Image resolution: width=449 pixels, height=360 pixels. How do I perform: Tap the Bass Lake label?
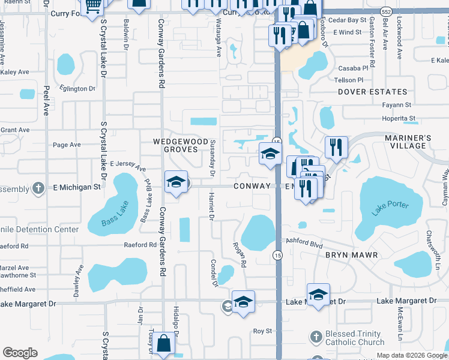coord(103,221)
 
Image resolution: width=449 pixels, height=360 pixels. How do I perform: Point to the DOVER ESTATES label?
coord(372,92)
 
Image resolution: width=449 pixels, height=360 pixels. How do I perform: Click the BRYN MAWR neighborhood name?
coord(351,255)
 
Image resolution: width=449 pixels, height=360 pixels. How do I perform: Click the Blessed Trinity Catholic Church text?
coord(354,338)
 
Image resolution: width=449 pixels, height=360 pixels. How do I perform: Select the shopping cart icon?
coord(92,7)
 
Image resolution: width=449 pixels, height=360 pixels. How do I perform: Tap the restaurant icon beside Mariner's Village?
coord(336,148)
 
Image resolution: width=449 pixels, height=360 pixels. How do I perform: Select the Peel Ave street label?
coord(46,101)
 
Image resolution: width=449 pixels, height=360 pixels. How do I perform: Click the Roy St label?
coord(262,331)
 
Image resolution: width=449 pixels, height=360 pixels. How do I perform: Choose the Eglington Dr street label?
coord(77,89)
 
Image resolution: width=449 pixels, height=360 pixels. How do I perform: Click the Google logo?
coord(20,353)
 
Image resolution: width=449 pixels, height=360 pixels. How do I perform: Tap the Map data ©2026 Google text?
coord(412,355)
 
